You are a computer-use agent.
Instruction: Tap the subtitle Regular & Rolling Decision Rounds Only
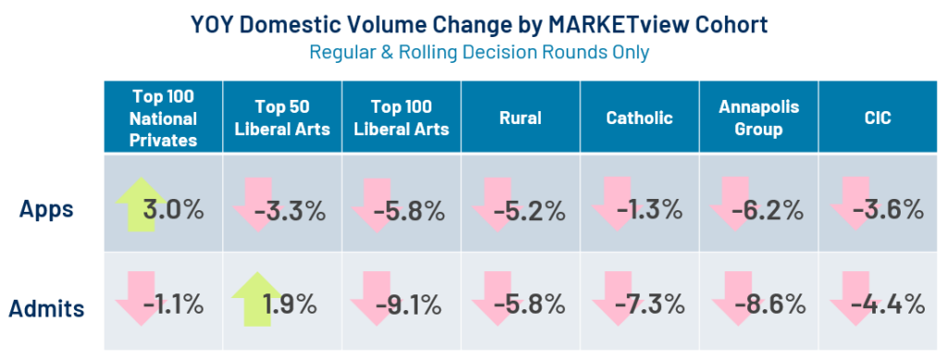(x=480, y=52)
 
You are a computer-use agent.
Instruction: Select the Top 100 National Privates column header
(x=164, y=118)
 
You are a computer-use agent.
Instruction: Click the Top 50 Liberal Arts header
(x=281, y=118)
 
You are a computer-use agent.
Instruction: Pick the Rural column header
(x=520, y=118)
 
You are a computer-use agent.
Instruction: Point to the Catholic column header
(x=640, y=118)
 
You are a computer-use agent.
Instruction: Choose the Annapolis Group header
(x=759, y=118)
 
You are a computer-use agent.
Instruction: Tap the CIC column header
(x=878, y=118)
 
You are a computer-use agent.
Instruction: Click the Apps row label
(x=46, y=209)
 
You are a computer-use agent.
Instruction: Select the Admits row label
(x=46, y=308)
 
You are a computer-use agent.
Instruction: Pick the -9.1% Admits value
(x=408, y=305)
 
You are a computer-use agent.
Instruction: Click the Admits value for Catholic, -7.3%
(x=649, y=305)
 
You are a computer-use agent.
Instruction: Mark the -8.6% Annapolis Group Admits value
(x=768, y=305)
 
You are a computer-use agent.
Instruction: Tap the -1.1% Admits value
(x=173, y=305)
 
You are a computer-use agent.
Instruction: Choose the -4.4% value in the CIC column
(x=888, y=305)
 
